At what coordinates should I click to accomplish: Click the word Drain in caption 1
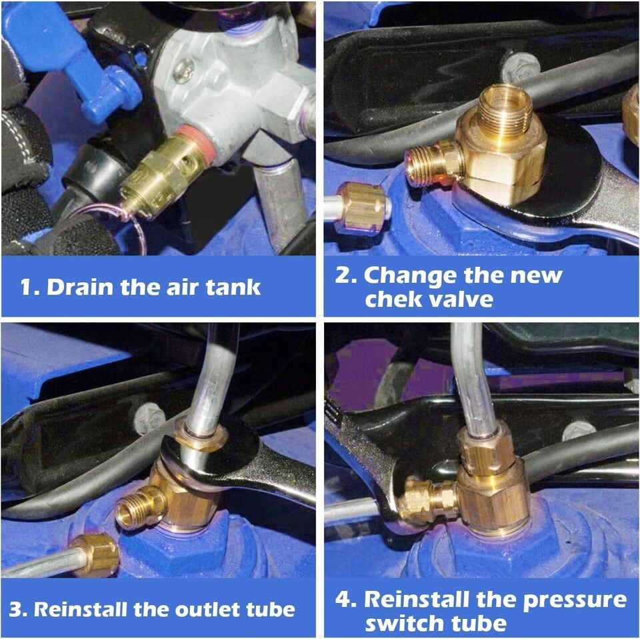point(79,287)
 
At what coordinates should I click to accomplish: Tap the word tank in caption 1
point(233,287)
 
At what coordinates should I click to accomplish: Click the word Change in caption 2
point(411,277)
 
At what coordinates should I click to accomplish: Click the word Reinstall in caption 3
point(81,609)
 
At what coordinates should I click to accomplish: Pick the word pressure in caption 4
point(575,600)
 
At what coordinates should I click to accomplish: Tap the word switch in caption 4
point(405,623)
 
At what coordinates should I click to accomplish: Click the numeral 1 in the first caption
point(26,287)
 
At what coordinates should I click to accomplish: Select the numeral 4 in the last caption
point(342,599)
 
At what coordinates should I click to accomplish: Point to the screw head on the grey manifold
point(184,70)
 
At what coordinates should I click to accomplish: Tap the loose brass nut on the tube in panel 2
point(361,209)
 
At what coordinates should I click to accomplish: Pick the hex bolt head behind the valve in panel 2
point(521,67)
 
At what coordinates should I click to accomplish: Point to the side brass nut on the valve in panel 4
point(427,501)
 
